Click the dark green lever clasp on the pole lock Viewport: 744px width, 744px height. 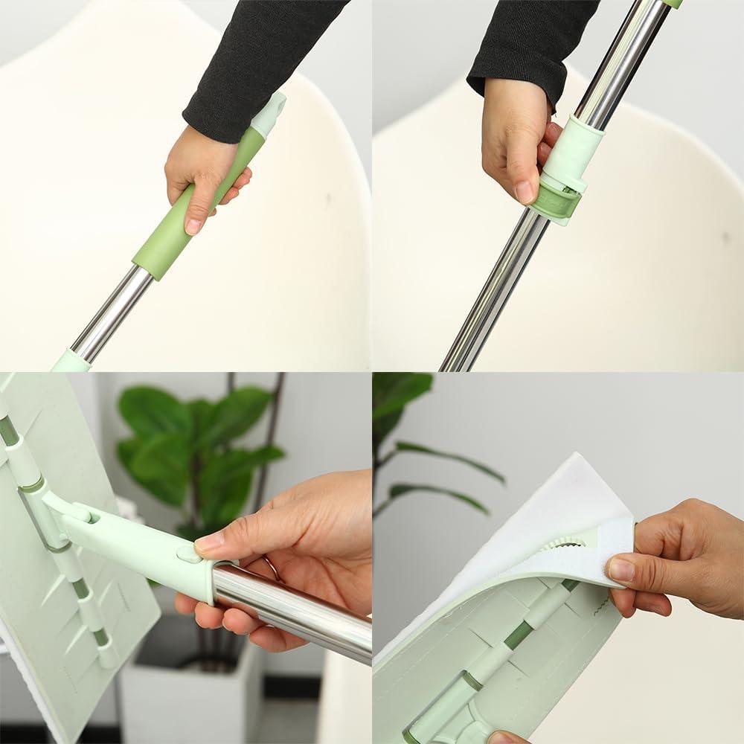tap(557, 202)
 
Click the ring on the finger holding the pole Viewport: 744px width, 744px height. tap(272, 569)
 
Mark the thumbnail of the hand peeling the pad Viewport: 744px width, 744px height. tap(621, 570)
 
